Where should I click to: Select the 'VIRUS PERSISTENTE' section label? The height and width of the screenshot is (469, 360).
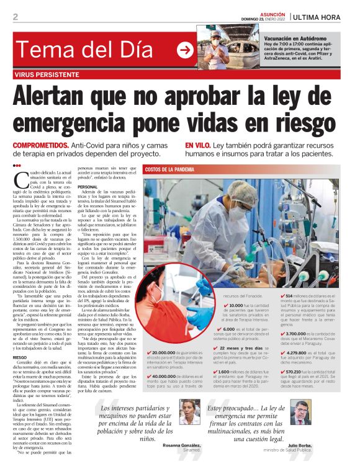(x=49, y=74)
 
